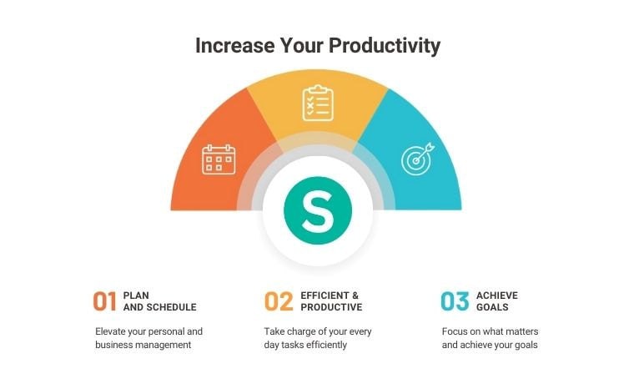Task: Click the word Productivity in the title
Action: point(385,46)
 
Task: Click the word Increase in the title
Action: point(235,45)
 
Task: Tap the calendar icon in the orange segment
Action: point(219,159)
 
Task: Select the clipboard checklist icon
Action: point(318,103)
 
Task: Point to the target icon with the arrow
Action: point(418,159)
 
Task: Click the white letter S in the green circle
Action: point(318,210)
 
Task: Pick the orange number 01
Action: point(105,301)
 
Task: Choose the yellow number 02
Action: point(279,301)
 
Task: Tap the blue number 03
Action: point(455,301)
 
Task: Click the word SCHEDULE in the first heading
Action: point(172,307)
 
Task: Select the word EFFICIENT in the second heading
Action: point(325,296)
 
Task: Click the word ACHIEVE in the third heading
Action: point(497,296)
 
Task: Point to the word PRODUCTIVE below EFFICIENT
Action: point(331,307)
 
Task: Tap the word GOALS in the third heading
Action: point(492,307)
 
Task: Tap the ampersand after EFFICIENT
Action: point(355,296)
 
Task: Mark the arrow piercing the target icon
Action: point(425,152)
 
